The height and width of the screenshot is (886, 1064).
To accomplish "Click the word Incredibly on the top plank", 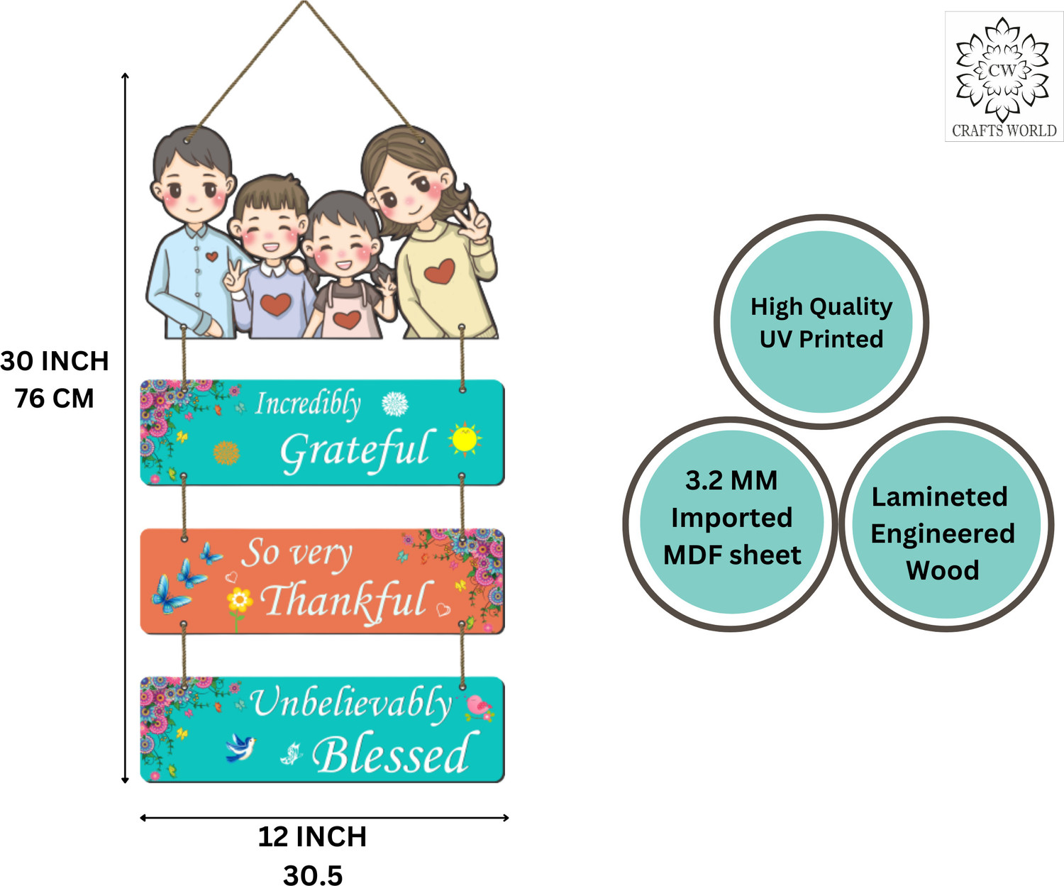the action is [308, 405].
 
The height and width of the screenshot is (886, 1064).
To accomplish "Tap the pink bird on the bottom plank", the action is [479, 707].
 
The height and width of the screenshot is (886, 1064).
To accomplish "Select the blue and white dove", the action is [240, 748].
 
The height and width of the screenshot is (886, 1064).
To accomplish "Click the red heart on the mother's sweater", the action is [439, 271].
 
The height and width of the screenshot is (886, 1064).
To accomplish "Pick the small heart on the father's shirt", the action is [211, 256].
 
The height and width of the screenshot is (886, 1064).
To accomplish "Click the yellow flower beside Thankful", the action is [239, 600].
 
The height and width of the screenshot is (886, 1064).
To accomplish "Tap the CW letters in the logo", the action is [1002, 70].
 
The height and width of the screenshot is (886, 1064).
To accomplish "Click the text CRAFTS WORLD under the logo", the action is [1004, 131].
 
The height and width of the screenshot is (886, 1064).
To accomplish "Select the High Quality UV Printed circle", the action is [821, 321].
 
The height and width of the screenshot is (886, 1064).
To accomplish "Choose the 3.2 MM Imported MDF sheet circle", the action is [731, 524].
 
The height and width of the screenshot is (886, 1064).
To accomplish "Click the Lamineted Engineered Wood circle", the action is [946, 524].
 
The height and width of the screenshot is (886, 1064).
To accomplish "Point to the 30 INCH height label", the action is [55, 361].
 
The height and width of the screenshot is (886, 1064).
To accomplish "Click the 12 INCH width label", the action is [312, 836].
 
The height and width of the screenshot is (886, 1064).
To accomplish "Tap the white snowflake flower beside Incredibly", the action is [395, 404].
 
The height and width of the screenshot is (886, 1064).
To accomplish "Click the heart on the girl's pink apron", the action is [347, 320].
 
